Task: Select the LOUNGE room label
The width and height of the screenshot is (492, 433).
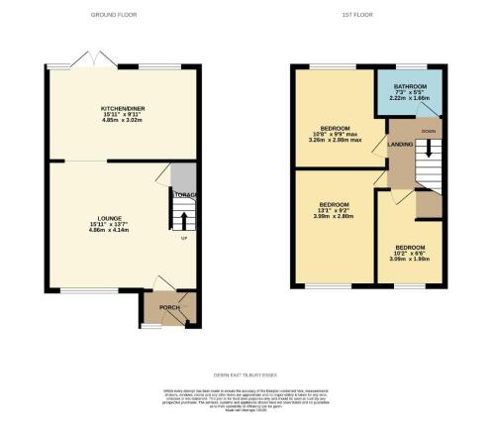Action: (109, 215)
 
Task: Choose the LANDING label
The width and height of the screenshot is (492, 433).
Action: (402, 146)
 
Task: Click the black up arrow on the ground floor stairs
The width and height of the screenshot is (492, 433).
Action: (184, 219)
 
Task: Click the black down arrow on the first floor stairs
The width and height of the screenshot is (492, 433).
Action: (429, 149)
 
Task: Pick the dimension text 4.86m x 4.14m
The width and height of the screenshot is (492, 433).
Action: (109, 230)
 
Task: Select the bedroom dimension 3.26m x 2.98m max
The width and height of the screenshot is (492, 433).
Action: (329, 140)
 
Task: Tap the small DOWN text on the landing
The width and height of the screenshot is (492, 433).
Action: (428, 131)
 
